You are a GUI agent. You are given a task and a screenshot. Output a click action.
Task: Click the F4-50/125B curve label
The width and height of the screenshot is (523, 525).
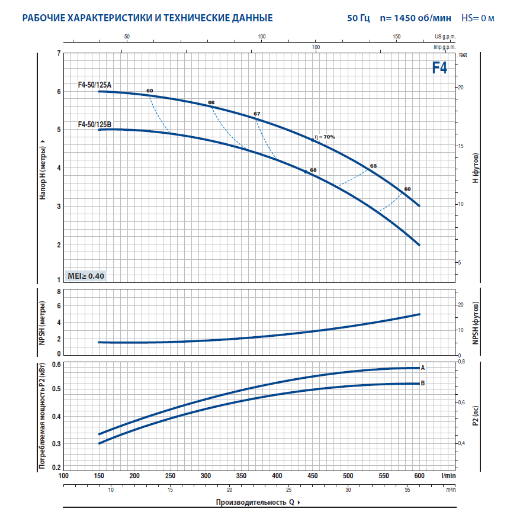tap(94, 124)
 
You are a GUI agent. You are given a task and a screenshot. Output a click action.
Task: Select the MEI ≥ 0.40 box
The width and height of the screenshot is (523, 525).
tap(86, 276)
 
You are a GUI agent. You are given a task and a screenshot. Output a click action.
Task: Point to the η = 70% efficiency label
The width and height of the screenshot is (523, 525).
tap(325, 137)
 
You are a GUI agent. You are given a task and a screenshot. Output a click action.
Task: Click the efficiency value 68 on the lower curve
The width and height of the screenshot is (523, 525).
tap(313, 170)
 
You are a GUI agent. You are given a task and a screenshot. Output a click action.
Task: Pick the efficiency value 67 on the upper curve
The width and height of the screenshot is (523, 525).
tap(256, 113)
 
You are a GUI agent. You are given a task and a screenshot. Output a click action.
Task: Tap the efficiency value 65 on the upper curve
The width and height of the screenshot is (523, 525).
tap(373, 166)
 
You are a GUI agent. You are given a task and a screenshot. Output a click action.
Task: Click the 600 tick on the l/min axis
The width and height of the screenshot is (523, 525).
tap(419, 476)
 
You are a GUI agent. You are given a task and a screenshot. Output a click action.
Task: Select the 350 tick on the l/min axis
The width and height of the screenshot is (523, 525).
tap(241, 476)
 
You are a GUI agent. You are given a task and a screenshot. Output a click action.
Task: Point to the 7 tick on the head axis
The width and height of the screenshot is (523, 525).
tap(58, 54)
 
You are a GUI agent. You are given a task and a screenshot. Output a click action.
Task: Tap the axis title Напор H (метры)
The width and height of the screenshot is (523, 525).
tap(43, 170)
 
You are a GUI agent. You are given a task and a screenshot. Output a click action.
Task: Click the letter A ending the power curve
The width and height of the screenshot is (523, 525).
tap(423, 368)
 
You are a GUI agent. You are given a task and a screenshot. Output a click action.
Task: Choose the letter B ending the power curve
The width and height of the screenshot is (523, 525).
tap(423, 383)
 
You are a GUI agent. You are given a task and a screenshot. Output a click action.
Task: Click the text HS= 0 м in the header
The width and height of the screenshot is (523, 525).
tap(477, 18)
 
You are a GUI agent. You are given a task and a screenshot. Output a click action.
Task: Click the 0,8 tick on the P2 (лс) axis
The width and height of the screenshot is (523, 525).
tap(463, 361)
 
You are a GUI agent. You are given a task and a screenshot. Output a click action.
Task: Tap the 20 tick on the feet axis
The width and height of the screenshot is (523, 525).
tap(461, 87)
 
